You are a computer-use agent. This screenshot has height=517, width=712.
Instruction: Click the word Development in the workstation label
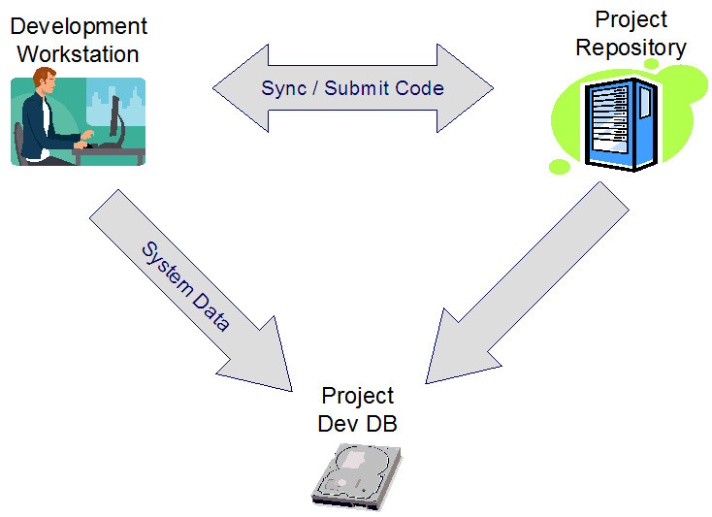click(79, 27)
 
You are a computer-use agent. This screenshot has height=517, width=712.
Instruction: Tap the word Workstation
click(79, 54)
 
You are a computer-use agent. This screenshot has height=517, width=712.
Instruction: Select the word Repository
click(631, 48)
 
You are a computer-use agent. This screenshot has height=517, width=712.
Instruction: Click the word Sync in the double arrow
click(284, 88)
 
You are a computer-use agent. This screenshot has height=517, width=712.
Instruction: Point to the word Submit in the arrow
click(356, 88)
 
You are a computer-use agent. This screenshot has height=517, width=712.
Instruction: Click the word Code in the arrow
click(419, 88)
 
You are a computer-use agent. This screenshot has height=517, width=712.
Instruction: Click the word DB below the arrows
click(381, 424)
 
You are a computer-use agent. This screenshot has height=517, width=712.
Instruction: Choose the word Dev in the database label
click(339, 424)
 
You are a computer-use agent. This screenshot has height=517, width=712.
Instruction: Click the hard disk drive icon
click(357, 476)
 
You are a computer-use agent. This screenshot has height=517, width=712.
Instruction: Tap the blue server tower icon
click(621, 124)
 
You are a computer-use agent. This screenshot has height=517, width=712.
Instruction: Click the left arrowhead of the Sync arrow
click(241, 88)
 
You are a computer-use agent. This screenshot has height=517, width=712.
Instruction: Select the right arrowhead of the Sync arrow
click(465, 88)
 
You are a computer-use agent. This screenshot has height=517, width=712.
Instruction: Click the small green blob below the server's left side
click(560, 166)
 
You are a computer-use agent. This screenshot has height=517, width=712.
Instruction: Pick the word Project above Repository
click(631, 20)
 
